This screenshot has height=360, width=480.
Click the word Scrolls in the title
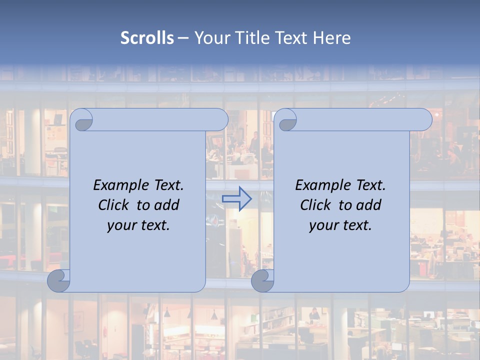(147, 38)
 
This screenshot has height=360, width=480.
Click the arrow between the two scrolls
(236, 198)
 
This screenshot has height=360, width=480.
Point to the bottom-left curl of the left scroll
(58, 281)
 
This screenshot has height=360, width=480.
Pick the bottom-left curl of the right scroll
(262, 281)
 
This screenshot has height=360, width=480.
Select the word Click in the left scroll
(109, 205)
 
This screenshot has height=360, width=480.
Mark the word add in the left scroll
(166, 205)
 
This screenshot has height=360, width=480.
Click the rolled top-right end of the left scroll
(218, 120)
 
